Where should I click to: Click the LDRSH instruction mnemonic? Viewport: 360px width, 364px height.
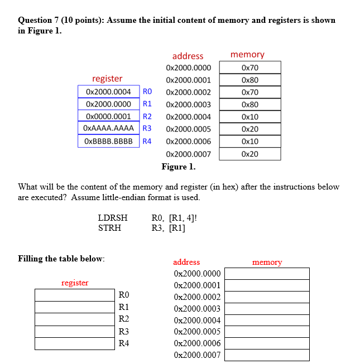[x=113, y=218]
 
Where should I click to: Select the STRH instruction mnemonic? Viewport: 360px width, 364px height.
[x=109, y=227]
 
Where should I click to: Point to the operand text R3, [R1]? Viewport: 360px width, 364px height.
[x=169, y=227]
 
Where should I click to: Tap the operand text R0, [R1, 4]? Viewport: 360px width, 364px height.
[x=174, y=218]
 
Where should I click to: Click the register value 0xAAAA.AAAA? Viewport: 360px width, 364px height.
[x=108, y=129]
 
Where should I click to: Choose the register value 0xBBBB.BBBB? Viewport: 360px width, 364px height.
[x=108, y=141]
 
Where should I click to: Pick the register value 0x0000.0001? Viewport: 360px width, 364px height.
[x=108, y=117]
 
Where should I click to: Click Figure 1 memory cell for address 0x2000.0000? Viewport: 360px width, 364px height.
[x=250, y=67]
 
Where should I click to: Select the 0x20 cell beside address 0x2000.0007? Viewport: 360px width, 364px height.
[x=250, y=154]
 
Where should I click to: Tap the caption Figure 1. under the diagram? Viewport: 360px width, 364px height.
[x=179, y=167]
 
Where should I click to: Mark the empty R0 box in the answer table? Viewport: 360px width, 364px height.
[x=75, y=294]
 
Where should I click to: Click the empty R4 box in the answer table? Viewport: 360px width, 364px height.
[x=75, y=343]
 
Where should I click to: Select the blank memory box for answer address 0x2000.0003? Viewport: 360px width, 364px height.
[x=267, y=309]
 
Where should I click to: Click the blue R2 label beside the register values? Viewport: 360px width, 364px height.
[x=147, y=117]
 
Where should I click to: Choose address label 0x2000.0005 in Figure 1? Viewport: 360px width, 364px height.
[x=189, y=129]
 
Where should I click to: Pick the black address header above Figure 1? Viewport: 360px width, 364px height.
[x=188, y=56]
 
